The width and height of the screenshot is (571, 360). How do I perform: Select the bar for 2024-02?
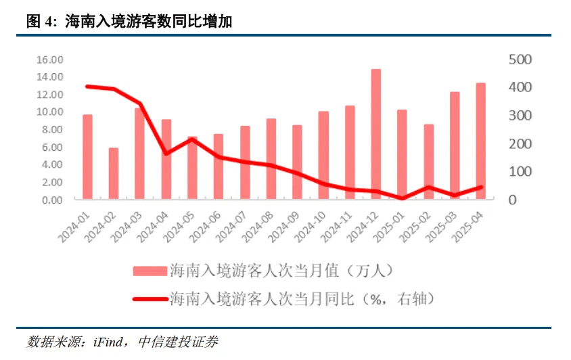coord(114,173)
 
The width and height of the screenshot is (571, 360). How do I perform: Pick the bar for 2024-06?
coord(219,166)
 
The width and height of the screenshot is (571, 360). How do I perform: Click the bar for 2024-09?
coord(297,162)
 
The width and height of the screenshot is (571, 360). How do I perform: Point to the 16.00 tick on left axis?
coord(49,60)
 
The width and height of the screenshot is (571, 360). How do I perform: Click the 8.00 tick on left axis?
coord(52,129)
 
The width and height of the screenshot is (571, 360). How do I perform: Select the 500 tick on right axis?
coord(520,60)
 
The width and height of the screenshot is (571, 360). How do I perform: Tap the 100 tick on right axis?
coord(520,172)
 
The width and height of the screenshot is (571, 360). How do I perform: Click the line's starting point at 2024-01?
coord(87,86)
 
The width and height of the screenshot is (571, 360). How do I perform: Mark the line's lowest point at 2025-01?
coord(402,198)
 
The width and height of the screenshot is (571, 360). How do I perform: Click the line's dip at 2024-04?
coord(166,154)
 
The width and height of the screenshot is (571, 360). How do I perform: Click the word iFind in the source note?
coord(105,341)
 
